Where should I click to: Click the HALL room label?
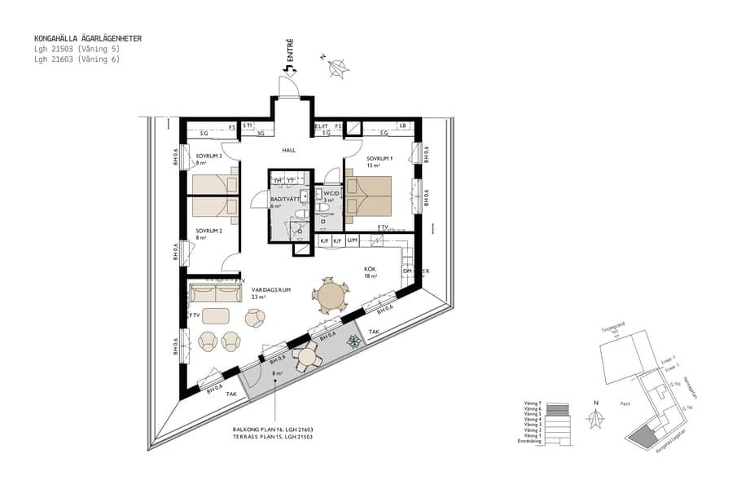[289, 151]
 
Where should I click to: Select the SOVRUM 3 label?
[208, 156]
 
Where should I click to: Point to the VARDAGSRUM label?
[271, 290]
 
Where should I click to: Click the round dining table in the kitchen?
[331, 295]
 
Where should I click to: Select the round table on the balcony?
[308, 355]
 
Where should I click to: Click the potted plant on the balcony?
[353, 343]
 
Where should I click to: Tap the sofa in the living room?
[216, 292]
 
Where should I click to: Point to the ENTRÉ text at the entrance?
[290, 52]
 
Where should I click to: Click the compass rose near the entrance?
[336, 68]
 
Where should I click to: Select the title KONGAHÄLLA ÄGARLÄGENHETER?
[87, 38]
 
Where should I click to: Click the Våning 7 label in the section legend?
[529, 403]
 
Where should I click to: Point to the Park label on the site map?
[625, 403]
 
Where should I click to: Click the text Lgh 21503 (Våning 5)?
[77, 49]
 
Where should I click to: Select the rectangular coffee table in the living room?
[216, 315]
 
